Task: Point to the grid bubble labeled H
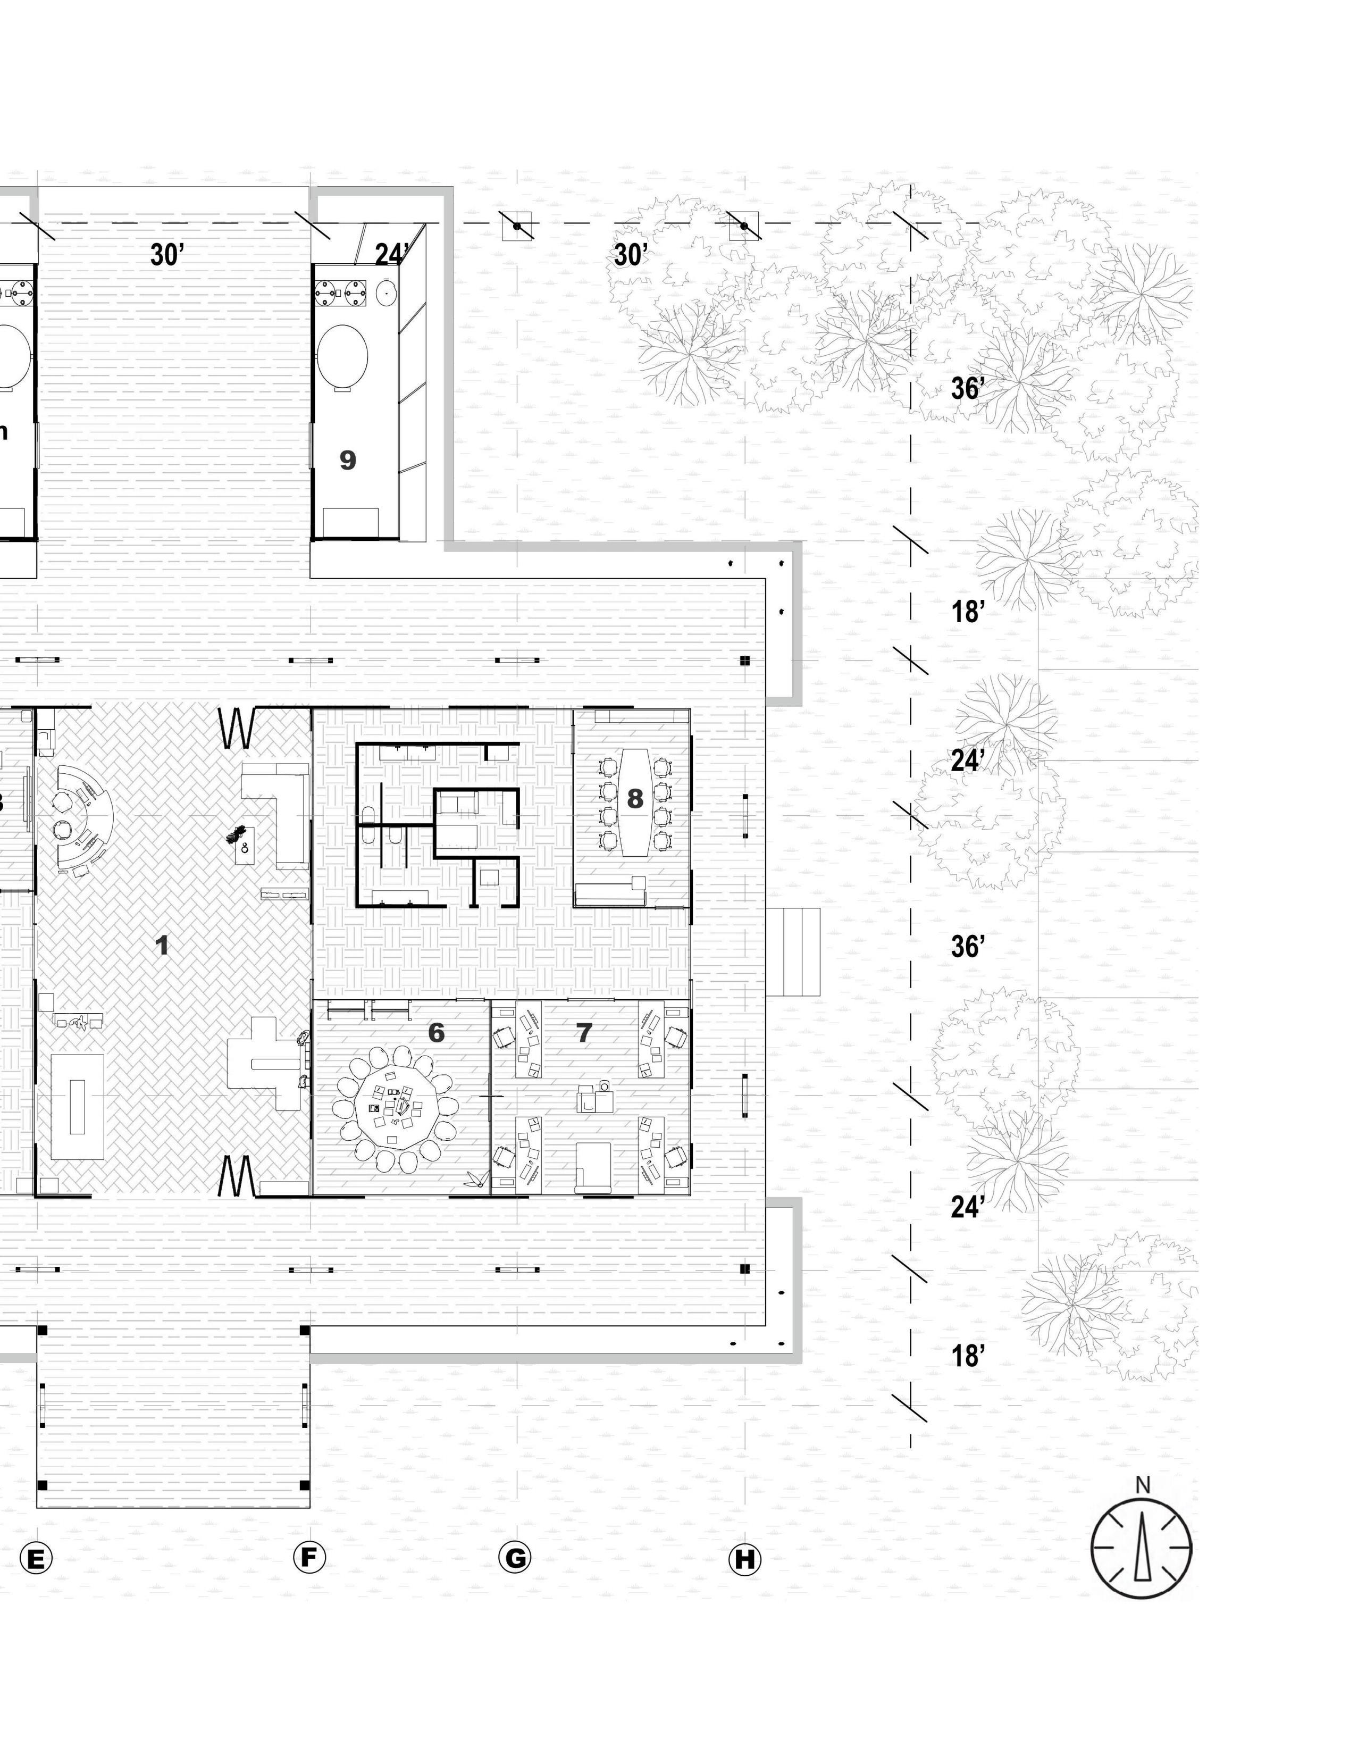(744, 1559)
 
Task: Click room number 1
(162, 946)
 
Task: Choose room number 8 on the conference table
(635, 799)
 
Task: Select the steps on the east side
(792, 952)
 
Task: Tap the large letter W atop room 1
(238, 728)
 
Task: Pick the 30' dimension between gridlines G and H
(631, 255)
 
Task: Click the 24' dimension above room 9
(391, 255)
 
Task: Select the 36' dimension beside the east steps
(968, 947)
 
